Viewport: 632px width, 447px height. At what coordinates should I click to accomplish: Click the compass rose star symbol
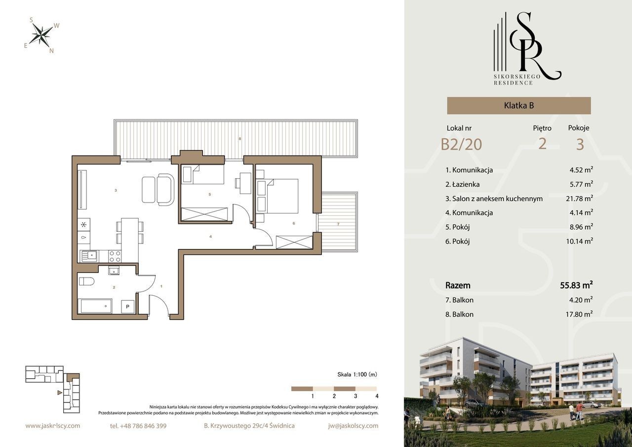click(41, 35)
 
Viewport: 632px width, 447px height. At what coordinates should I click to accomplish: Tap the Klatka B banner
click(519, 106)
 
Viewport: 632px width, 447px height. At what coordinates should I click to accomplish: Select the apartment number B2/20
click(461, 144)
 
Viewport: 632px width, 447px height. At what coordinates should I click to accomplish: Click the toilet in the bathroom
click(86, 282)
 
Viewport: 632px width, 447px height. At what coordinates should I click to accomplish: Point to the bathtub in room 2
click(96, 306)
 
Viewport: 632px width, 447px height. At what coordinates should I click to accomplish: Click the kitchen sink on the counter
click(89, 256)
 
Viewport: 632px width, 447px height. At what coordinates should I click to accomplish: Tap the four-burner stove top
click(115, 256)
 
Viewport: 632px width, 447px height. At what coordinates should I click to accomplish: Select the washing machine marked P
click(127, 307)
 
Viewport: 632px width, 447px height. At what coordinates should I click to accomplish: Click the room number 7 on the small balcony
click(338, 224)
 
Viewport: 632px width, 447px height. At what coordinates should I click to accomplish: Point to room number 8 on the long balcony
click(240, 139)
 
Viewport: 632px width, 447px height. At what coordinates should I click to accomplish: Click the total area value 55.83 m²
click(576, 285)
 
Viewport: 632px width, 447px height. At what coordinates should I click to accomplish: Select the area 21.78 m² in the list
click(579, 199)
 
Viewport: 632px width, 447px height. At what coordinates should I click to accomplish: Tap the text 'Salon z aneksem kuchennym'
click(497, 199)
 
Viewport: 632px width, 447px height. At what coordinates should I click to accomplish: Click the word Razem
click(458, 285)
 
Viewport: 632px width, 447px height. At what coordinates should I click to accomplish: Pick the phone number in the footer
click(138, 426)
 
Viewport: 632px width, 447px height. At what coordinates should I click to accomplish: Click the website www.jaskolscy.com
click(53, 426)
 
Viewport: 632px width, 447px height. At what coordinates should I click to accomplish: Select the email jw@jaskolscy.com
click(353, 426)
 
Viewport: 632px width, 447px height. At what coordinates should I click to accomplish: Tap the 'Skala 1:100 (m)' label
click(357, 374)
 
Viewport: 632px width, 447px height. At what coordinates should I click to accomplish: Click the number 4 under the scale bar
click(377, 396)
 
